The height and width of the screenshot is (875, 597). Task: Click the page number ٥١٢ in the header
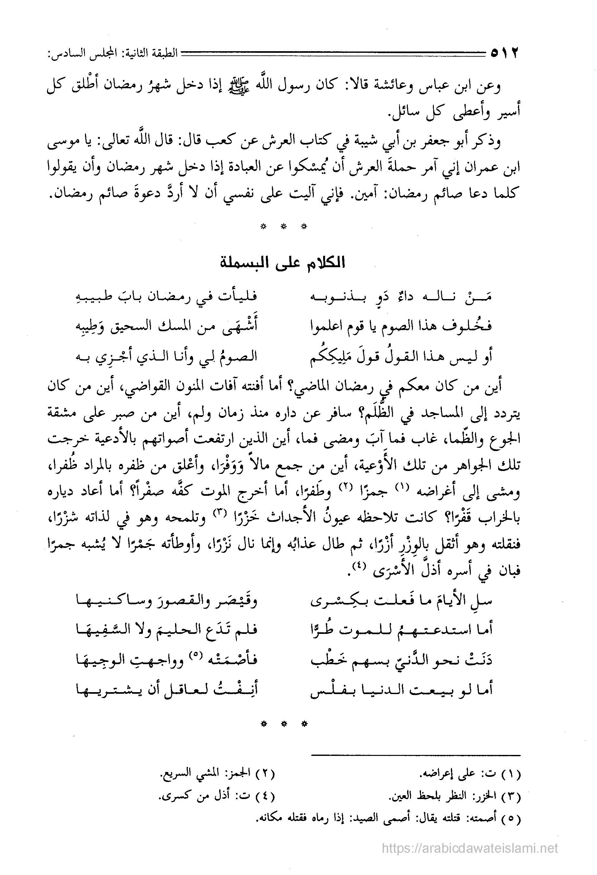point(504,53)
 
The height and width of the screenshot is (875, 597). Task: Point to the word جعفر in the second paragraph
point(426,143)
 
